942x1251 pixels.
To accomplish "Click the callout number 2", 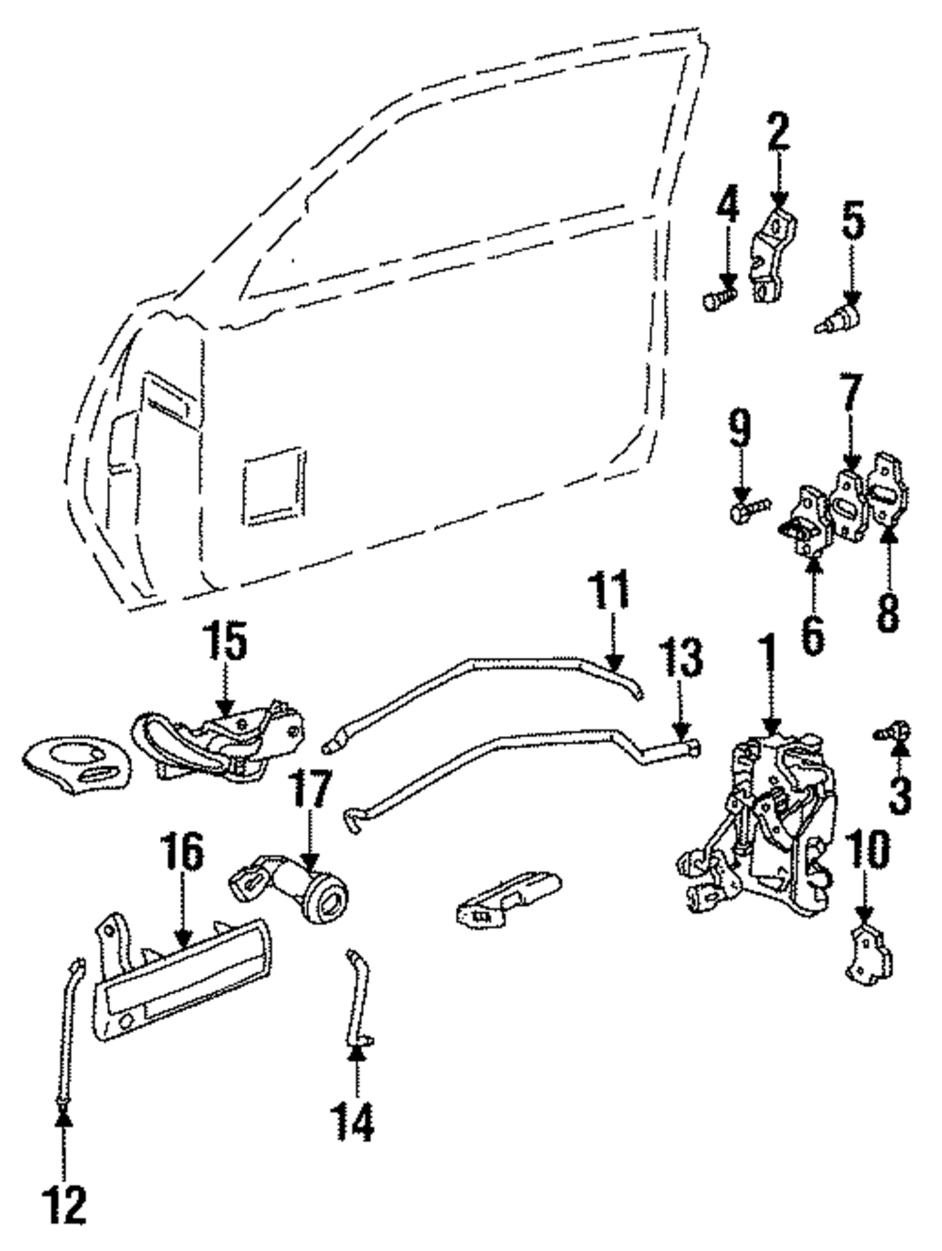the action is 778,133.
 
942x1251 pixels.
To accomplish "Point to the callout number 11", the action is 609,589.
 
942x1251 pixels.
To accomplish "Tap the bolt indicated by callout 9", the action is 750,509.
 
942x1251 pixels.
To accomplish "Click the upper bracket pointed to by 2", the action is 771,255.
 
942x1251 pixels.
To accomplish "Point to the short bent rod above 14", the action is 359,998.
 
